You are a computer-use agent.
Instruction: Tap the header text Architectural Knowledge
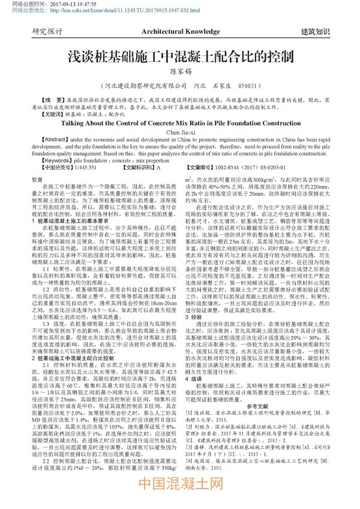click(179, 30)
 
